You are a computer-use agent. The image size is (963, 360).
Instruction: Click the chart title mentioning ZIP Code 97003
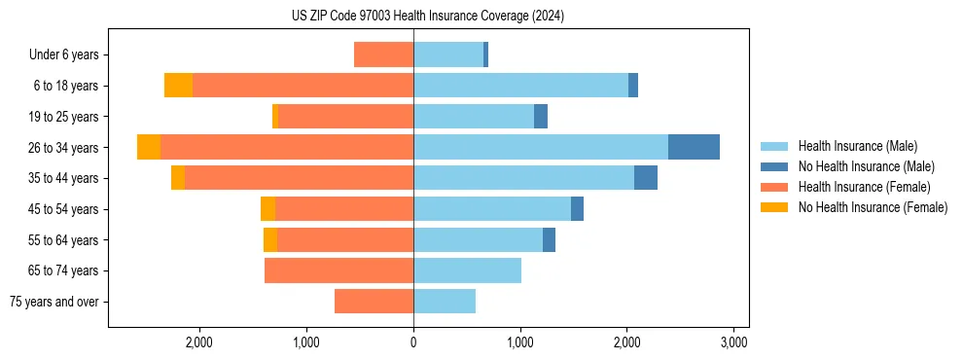[427, 17]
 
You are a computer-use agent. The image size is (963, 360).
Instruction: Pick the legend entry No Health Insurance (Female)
[873, 207]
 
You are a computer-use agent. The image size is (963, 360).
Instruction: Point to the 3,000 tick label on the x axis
[733, 342]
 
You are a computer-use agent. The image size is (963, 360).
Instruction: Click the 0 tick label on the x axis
[413, 342]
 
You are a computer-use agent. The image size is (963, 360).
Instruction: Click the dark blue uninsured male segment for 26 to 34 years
[694, 147]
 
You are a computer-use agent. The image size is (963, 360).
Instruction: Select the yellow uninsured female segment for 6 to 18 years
[178, 86]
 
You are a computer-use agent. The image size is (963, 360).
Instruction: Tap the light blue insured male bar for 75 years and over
[445, 302]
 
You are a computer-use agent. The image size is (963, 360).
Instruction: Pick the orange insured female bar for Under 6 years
[383, 54]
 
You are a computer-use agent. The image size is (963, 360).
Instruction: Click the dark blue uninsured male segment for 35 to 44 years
[646, 178]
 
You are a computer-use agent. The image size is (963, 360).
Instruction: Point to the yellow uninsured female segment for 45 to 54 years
[267, 209]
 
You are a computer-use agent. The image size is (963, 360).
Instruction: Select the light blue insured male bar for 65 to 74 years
[467, 270]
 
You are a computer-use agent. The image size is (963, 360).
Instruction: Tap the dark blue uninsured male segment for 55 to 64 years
[549, 239]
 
